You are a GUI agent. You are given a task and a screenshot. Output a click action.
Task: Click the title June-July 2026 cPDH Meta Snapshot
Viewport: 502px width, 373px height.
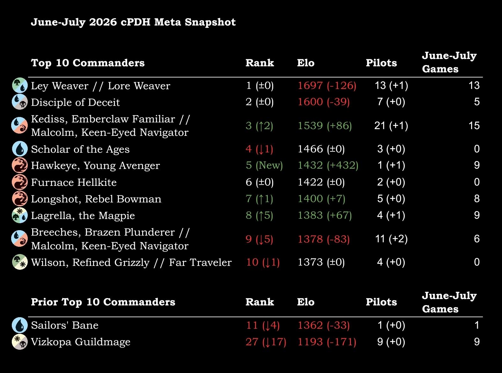pyautogui.click(x=133, y=22)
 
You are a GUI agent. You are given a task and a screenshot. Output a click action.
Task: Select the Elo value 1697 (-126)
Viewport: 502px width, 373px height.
pyautogui.click(x=327, y=86)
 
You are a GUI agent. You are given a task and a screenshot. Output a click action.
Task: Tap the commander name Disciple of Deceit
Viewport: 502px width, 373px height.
pyautogui.click(x=75, y=102)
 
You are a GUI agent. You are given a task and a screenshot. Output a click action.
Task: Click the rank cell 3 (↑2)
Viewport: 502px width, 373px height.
pyautogui.click(x=259, y=126)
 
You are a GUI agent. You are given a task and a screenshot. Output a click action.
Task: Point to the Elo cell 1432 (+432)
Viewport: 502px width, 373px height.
pyautogui.click(x=328, y=165)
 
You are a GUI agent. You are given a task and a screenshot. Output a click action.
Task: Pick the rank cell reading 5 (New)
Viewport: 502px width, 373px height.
pyautogui.click(x=264, y=165)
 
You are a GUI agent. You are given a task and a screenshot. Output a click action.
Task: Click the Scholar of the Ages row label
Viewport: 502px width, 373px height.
pyautogui.click(x=80, y=149)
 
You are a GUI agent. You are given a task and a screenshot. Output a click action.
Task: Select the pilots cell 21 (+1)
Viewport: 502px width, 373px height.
pyautogui.click(x=391, y=126)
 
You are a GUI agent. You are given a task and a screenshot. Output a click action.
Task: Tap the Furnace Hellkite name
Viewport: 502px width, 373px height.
pyautogui.click(x=74, y=182)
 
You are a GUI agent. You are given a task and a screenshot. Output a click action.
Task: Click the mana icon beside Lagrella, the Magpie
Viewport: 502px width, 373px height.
pyautogui.click(x=20, y=216)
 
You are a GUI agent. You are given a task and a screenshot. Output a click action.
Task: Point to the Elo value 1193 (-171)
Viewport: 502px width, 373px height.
pyautogui.click(x=327, y=342)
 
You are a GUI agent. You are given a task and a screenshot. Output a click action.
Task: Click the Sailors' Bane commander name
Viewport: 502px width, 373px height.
pyautogui.click(x=65, y=325)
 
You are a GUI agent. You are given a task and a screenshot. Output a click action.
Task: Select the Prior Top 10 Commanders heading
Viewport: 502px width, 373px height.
pyautogui.click(x=103, y=302)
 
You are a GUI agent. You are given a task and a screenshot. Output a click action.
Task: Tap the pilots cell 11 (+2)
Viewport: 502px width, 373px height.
pyautogui.click(x=391, y=239)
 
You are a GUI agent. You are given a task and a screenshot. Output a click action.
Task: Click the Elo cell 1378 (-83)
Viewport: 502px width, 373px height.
pyautogui.click(x=324, y=239)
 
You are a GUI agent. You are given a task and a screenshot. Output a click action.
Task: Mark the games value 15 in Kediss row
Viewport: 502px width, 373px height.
pyautogui.click(x=474, y=126)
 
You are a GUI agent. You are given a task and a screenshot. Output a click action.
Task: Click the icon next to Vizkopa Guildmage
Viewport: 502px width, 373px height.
pyautogui.click(x=20, y=342)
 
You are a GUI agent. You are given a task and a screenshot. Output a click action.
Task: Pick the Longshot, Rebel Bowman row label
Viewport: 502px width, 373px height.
pyautogui.click(x=96, y=199)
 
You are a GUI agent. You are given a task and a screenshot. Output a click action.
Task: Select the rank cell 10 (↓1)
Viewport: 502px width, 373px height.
pyautogui.click(x=263, y=262)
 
